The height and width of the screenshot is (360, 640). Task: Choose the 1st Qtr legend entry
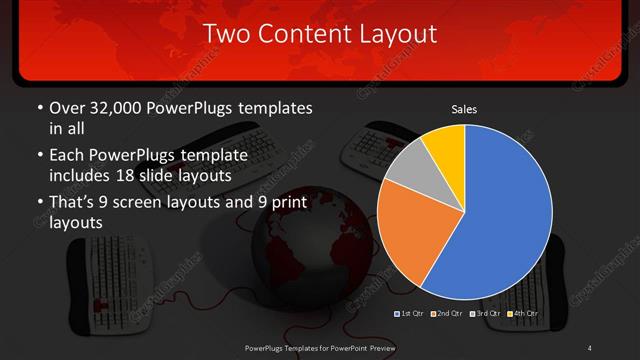pyautogui.click(x=411, y=314)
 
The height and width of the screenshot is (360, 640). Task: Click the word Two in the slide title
pyautogui.click(x=225, y=34)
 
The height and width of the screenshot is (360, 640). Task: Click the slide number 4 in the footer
pyautogui.click(x=589, y=347)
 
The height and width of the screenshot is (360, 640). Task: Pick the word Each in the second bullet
pyautogui.click(x=66, y=156)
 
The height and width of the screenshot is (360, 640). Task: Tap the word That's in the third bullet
pyautogui.click(x=74, y=203)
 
